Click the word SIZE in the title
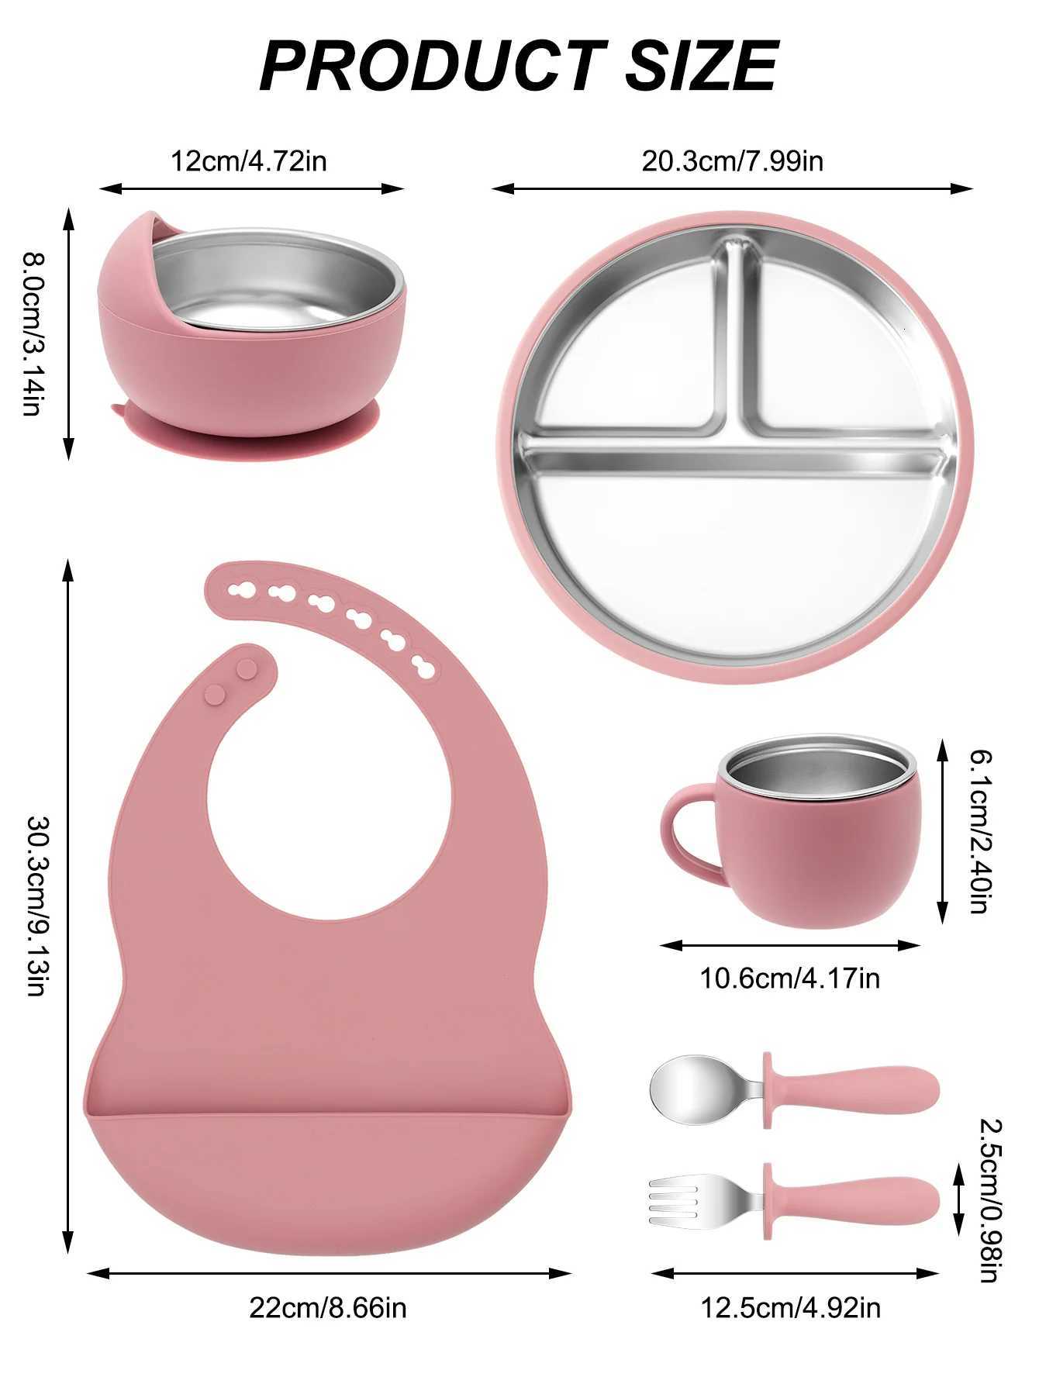point(700,66)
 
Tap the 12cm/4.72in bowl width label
point(248,161)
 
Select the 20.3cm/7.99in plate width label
point(732,161)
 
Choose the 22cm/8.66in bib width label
point(327,1308)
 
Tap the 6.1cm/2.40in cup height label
point(979,830)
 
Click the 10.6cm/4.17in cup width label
point(790,978)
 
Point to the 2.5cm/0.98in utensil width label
point(987,1199)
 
